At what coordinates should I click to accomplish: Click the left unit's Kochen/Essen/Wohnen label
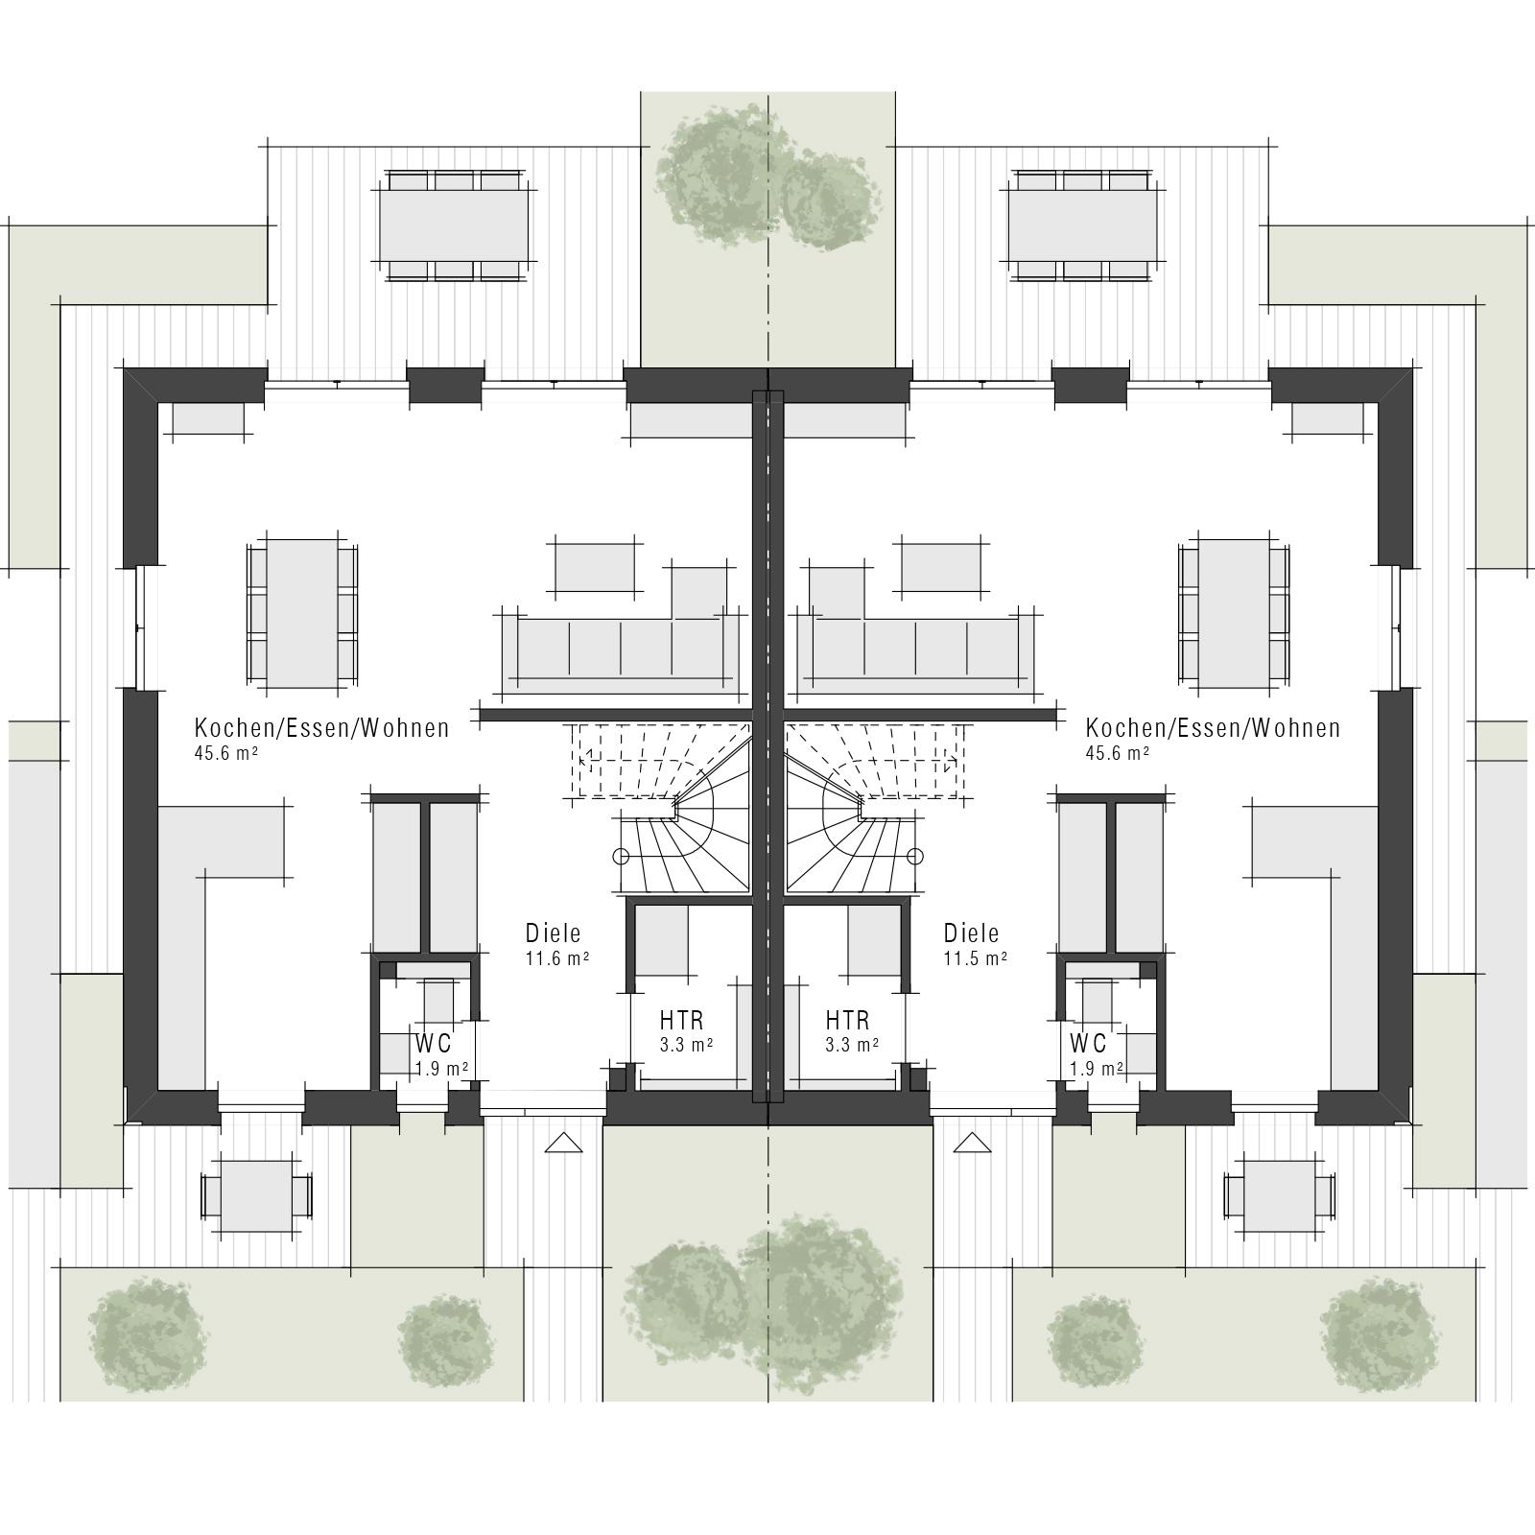point(321,728)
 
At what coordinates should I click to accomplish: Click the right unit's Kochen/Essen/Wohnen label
point(1213,728)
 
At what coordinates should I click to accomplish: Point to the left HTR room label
point(682,1020)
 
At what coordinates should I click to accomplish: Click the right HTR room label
point(847,1020)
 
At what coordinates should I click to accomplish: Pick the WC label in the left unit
point(433,1044)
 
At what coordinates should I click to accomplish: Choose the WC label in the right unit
point(1089,1044)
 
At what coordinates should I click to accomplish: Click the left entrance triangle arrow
point(563,1143)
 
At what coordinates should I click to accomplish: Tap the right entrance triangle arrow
point(971,1143)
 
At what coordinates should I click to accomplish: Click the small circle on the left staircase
point(621,856)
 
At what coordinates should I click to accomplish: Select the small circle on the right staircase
point(915,856)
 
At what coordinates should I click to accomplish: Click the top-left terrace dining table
point(454,225)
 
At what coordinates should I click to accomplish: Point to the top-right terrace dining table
point(1081,225)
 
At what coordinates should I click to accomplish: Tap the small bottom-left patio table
point(256,1196)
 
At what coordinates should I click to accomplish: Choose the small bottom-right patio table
point(1279,1196)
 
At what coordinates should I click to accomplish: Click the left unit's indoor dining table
point(301,614)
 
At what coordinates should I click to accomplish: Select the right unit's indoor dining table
point(1234,614)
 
